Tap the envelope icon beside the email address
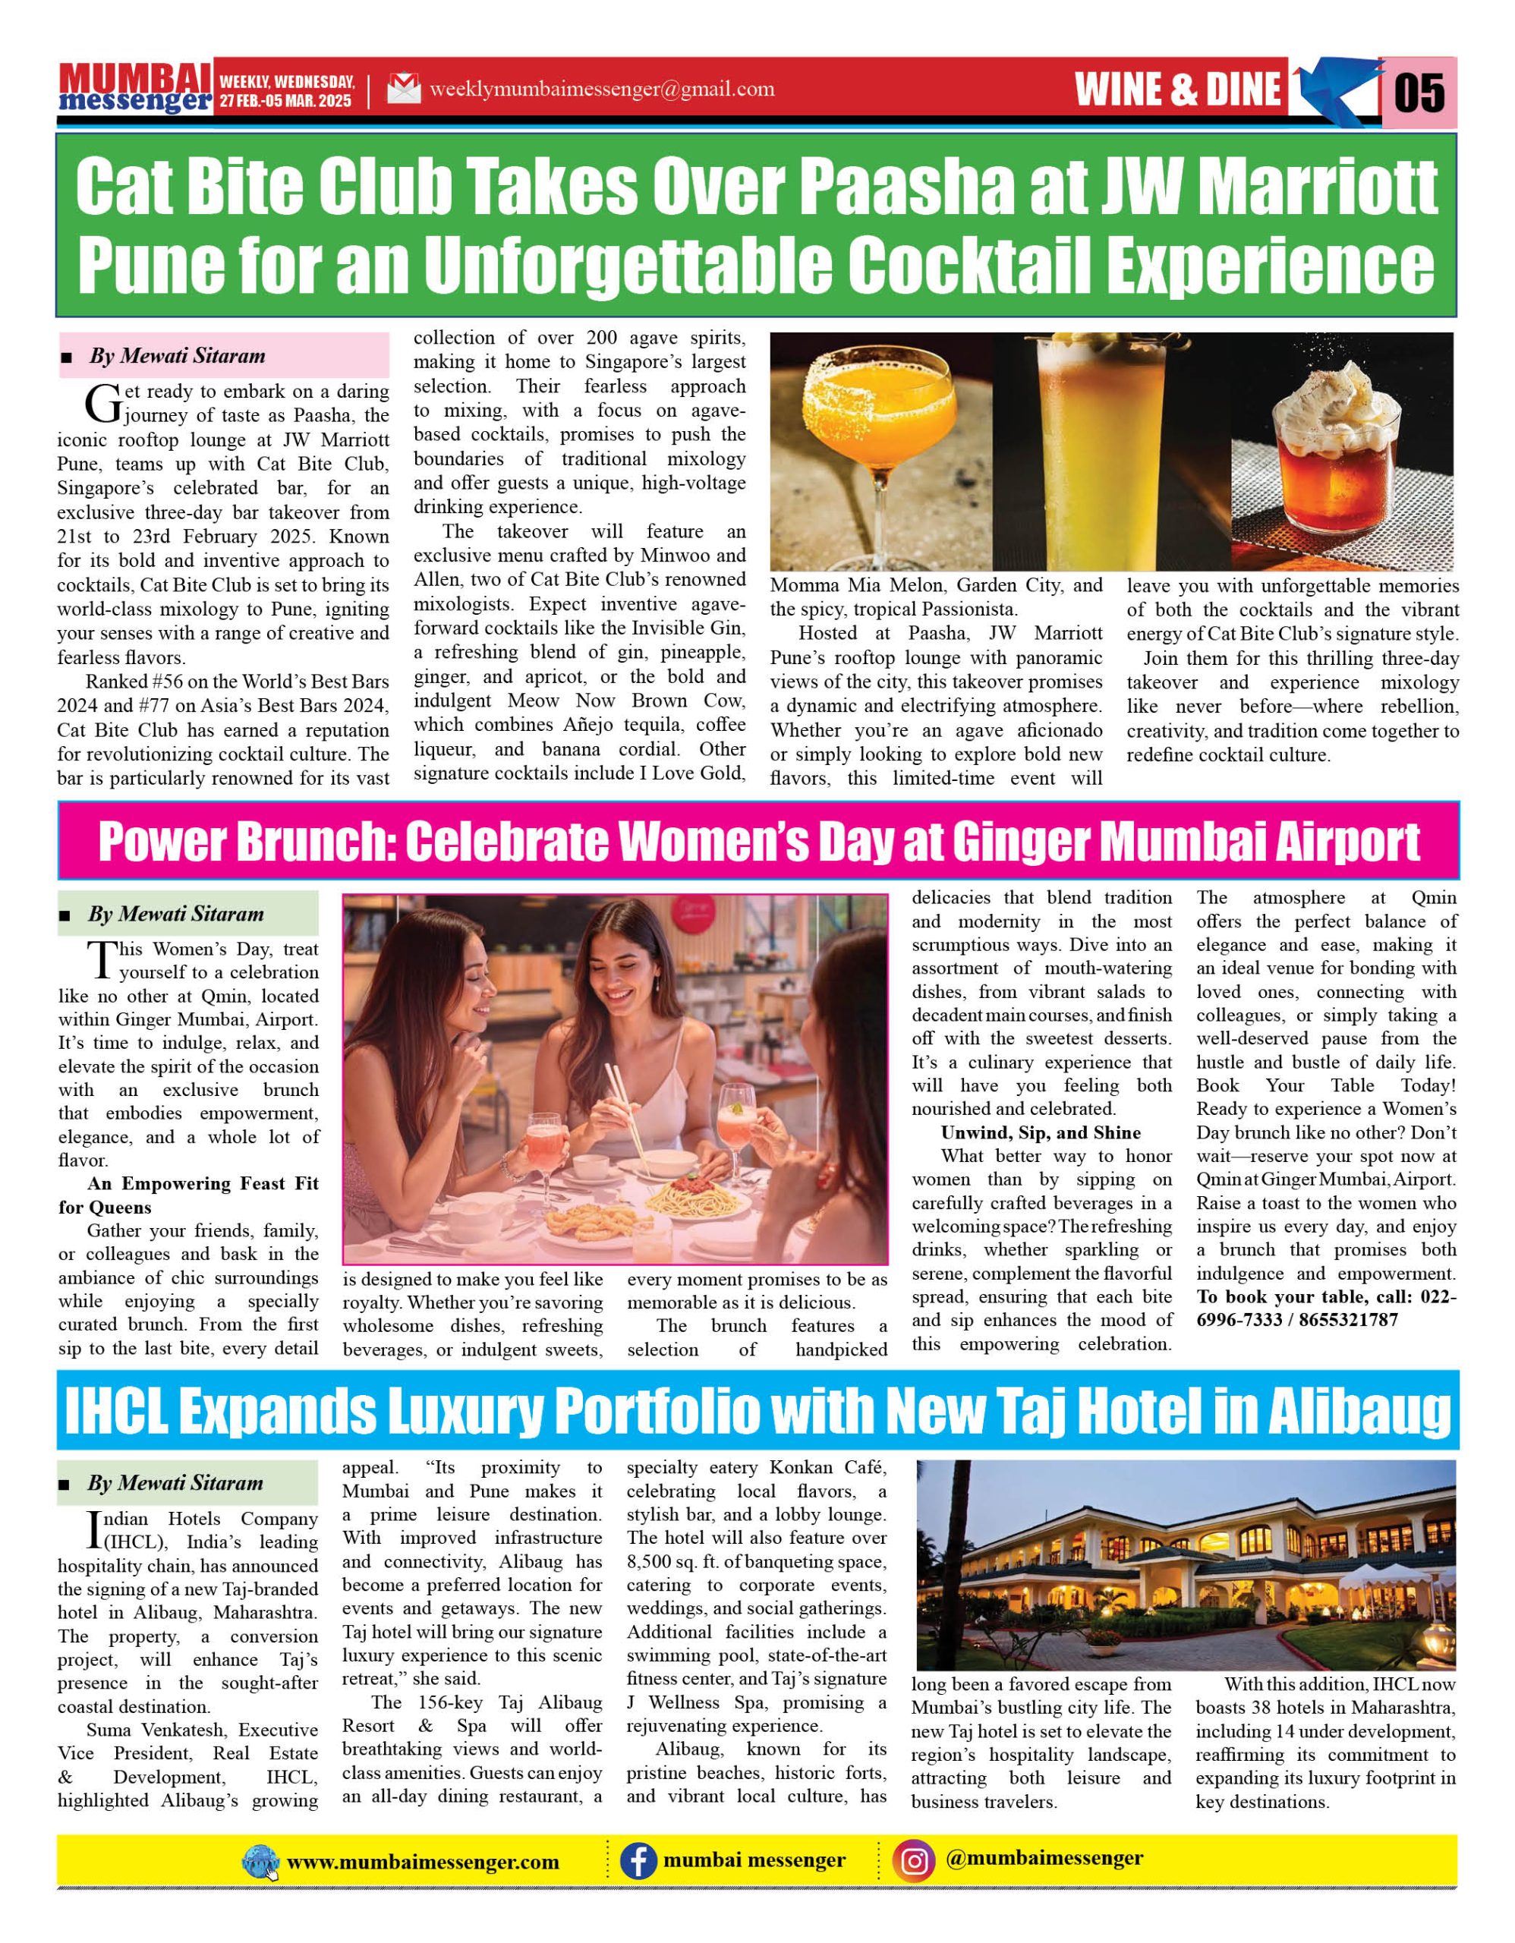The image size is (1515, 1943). click(404, 89)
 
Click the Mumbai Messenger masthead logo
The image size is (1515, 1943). click(135, 89)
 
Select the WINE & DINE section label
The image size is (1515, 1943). click(1177, 90)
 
